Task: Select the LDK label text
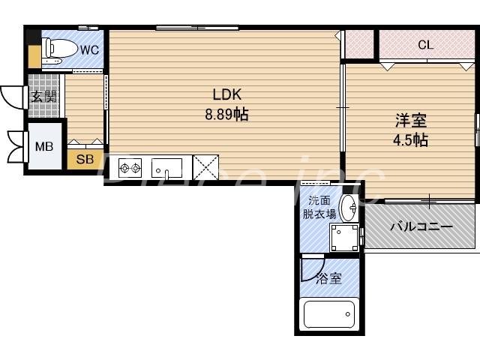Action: tap(226, 95)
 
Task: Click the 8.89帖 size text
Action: tap(226, 115)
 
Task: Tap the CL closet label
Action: tap(425, 45)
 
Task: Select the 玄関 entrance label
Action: tap(44, 96)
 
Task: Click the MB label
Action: tap(44, 146)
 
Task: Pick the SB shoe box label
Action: tap(85, 159)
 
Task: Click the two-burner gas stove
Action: tap(130, 166)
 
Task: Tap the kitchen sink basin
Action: tap(166, 166)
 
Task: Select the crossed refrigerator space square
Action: tap(205, 166)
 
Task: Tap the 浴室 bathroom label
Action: tap(328, 279)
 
